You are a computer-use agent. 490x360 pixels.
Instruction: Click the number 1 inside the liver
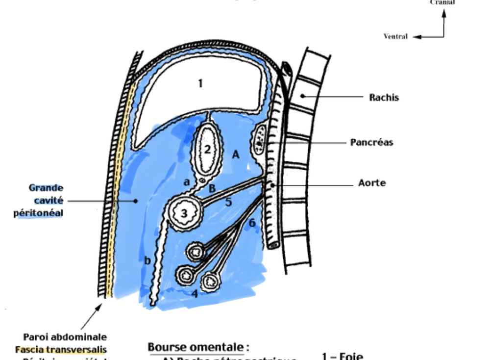click(x=200, y=84)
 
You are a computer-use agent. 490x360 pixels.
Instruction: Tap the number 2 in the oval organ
click(x=207, y=150)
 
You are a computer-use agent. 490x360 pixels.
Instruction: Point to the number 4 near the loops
click(x=195, y=294)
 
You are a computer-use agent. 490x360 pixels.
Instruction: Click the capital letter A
click(x=236, y=154)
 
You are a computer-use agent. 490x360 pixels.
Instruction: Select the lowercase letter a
click(x=187, y=181)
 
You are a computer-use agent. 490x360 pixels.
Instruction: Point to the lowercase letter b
click(x=147, y=260)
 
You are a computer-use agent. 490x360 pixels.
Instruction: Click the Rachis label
click(x=384, y=97)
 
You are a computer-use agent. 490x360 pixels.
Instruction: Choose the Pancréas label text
click(x=371, y=143)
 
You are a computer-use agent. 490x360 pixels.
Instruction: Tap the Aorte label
click(x=372, y=183)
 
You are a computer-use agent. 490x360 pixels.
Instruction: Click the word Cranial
click(x=442, y=2)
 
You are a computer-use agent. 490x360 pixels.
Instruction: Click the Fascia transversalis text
click(x=61, y=350)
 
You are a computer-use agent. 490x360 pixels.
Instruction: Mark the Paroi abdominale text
click(x=65, y=337)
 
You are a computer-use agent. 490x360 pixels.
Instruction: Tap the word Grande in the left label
click(x=46, y=187)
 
